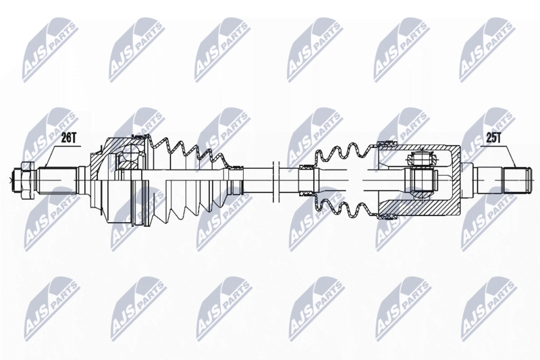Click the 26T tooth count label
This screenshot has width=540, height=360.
pyautogui.click(x=69, y=138)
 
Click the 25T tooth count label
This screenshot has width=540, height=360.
pyautogui.click(x=493, y=138)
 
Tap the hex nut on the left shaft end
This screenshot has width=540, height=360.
pyautogui.click(x=27, y=180)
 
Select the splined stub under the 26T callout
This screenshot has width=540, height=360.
pyautogui.click(x=57, y=180)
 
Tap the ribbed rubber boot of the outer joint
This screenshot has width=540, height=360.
pyautogui.click(x=188, y=180)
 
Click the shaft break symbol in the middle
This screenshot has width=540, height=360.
pyautogui.click(x=275, y=180)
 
